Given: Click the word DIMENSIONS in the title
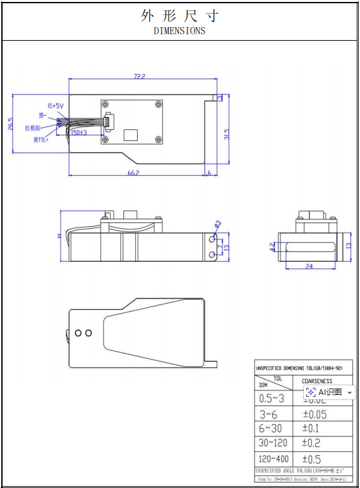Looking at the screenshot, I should click(x=180, y=30).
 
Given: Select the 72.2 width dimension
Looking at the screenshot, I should click(x=139, y=76).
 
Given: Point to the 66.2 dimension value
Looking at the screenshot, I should click(x=134, y=173).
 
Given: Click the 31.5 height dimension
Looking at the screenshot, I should click(x=226, y=134).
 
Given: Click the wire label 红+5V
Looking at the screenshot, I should click(x=56, y=105).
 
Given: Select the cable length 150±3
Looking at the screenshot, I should click(x=79, y=133).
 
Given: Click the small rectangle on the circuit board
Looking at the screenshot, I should click(x=131, y=134).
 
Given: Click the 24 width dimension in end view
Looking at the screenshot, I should click(x=309, y=266).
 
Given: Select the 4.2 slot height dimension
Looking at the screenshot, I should click(x=273, y=246).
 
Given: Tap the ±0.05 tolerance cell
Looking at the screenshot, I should click(x=315, y=414).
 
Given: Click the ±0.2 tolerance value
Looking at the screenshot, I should click(x=311, y=443).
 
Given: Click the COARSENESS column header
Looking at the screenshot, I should click(x=317, y=381).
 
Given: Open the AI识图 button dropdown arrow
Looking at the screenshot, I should click(x=350, y=392).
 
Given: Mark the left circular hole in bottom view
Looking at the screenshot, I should click(x=79, y=333).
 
